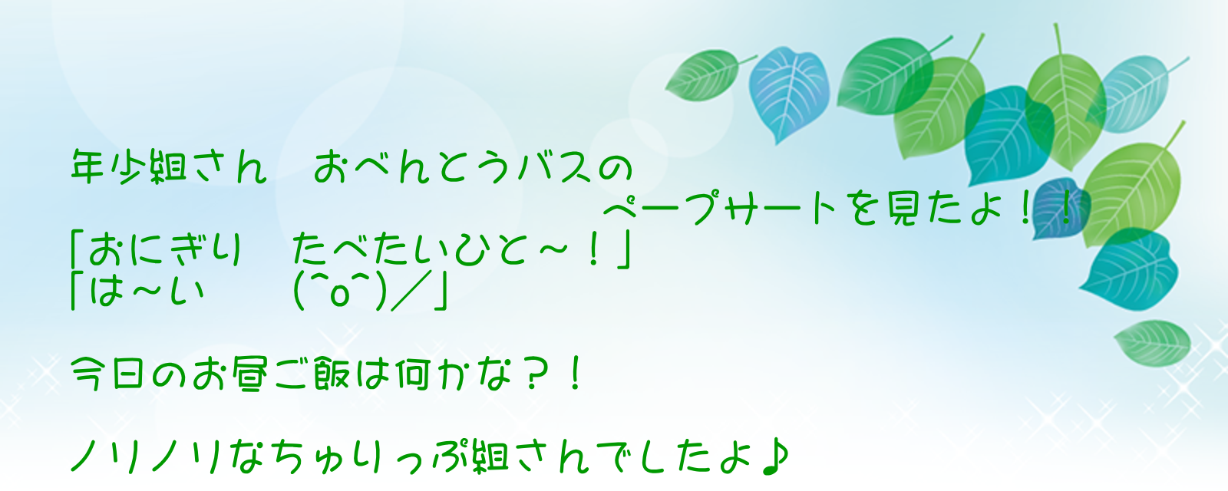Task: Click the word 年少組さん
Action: click(169, 166)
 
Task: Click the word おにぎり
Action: click(164, 249)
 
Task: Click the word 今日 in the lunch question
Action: click(108, 374)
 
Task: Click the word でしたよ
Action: click(678, 457)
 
